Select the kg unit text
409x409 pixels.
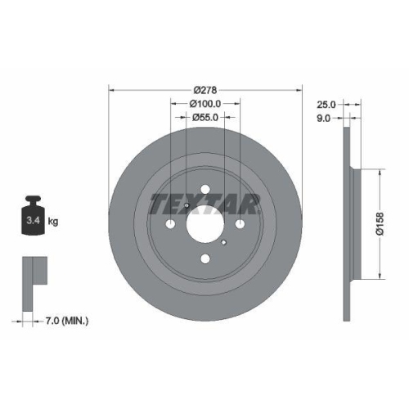52,222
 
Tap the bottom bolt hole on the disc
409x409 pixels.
205,258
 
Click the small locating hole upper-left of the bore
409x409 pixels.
187,205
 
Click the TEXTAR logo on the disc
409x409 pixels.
205,202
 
